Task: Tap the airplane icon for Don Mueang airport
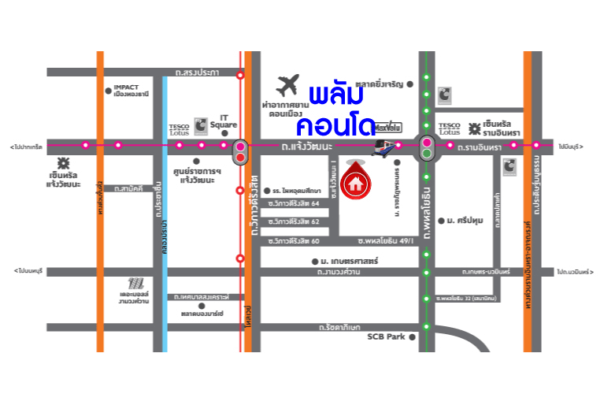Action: [289, 84]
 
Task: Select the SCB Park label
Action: [385, 336]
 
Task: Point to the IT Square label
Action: [228, 121]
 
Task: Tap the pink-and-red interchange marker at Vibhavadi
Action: [240, 151]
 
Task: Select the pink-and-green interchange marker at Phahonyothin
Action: [427, 147]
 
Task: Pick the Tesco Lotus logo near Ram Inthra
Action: [450, 127]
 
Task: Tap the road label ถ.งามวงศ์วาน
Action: [339, 272]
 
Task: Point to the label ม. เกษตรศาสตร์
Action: [350, 260]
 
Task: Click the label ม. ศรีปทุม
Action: [464, 221]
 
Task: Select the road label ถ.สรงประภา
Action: [198, 72]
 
